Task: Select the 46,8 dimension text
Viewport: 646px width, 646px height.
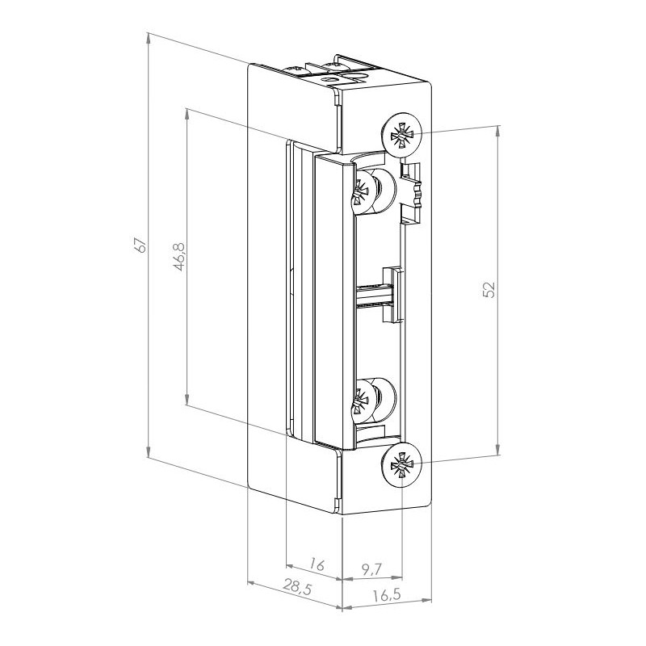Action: point(179,257)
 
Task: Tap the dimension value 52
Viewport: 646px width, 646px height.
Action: point(489,290)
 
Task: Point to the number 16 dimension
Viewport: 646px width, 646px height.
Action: point(317,564)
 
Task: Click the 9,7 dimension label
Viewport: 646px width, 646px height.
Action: point(372,569)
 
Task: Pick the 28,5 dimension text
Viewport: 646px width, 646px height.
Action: point(297,586)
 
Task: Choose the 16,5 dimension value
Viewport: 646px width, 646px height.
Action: point(388,595)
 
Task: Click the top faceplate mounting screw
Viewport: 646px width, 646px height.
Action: point(401,133)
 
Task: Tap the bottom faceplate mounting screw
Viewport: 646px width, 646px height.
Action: point(401,466)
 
